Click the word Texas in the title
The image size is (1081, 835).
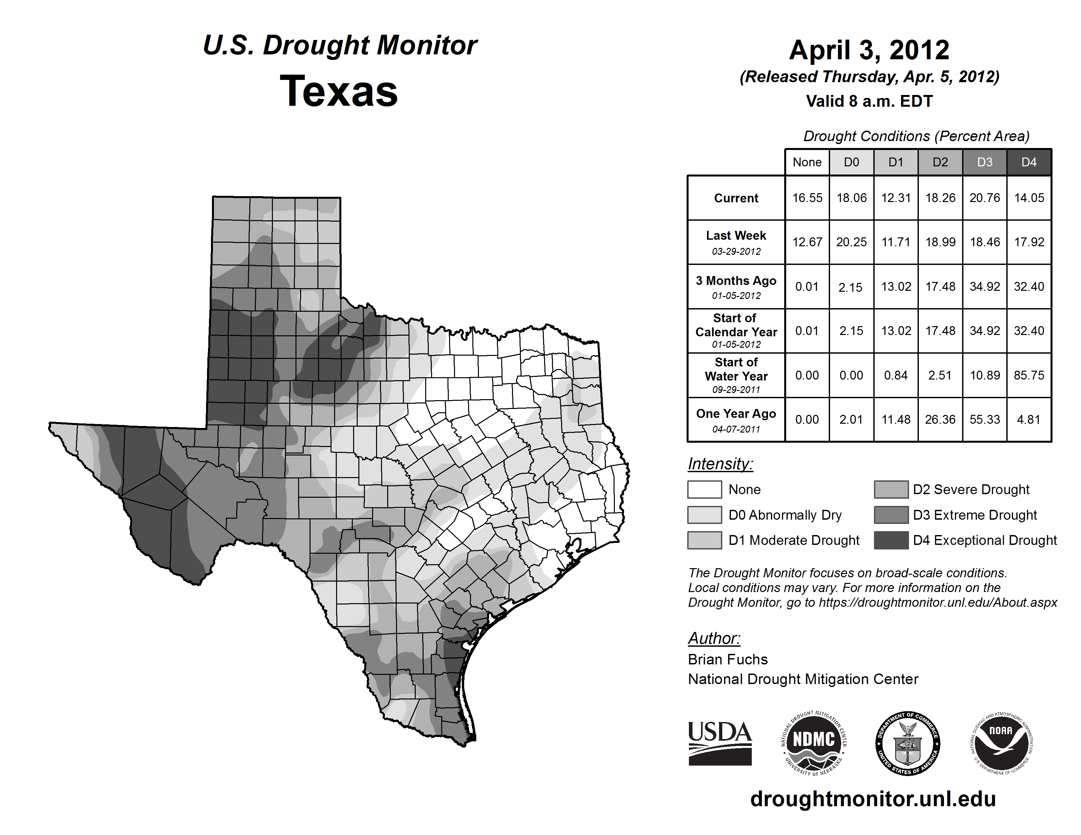339,91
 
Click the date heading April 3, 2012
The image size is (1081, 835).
869,50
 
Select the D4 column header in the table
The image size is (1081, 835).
1029,162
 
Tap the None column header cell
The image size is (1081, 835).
807,162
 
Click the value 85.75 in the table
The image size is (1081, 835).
1029,376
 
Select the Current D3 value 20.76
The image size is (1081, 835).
984,198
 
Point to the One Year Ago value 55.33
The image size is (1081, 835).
984,419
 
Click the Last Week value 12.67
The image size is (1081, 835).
807,242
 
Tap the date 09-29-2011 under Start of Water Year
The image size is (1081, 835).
736,390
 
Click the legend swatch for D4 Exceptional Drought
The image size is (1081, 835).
891,540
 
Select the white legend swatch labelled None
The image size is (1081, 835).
704,489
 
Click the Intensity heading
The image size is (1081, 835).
720,464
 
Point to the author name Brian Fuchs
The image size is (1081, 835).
728,659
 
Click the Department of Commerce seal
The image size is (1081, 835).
908,743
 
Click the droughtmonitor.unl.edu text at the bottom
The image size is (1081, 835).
873,799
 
